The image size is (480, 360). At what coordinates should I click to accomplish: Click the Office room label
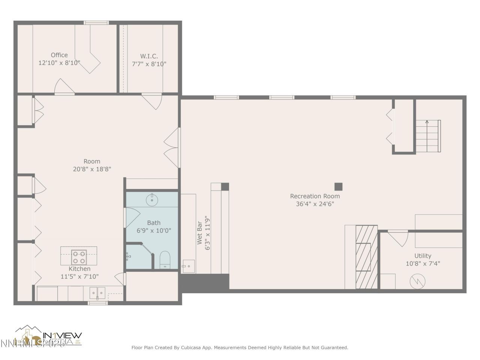(59, 55)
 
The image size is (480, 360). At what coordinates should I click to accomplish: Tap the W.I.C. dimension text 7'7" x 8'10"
(149, 64)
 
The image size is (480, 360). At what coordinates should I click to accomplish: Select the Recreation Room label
(315, 196)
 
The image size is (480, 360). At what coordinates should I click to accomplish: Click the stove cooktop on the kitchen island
(79, 257)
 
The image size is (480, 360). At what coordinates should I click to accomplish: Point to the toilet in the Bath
(165, 260)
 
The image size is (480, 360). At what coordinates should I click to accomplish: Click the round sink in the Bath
(152, 199)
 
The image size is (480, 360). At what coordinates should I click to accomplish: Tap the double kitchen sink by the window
(97, 292)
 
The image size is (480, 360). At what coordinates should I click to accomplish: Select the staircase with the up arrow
(428, 136)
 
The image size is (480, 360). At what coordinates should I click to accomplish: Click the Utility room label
(423, 256)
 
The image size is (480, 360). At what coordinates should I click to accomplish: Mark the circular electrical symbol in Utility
(417, 281)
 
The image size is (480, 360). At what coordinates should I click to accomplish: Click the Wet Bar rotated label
(199, 235)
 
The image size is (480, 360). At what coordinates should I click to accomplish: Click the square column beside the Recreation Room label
(338, 186)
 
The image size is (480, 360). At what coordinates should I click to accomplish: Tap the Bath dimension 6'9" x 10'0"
(154, 231)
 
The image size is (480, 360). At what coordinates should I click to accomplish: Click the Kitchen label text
(79, 269)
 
